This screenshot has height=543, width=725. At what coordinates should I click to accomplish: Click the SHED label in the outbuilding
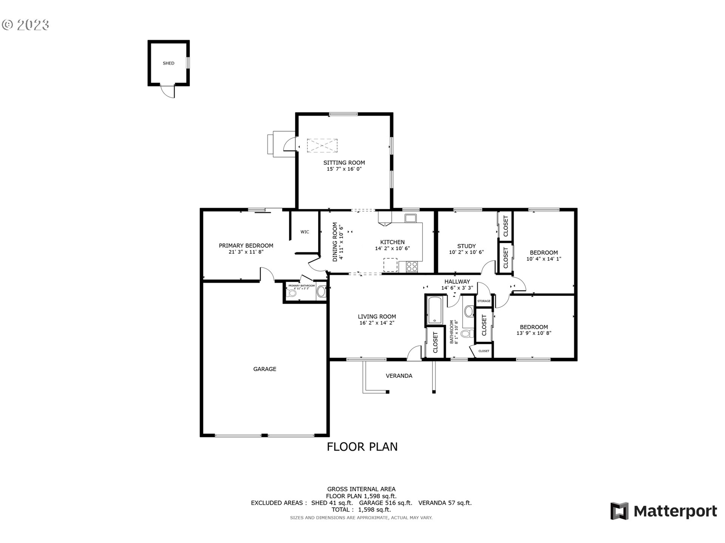pyautogui.click(x=168, y=63)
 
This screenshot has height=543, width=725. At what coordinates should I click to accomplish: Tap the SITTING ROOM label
pyautogui.click(x=344, y=163)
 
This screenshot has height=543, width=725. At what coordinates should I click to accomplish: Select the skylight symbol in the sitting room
pyautogui.click(x=322, y=146)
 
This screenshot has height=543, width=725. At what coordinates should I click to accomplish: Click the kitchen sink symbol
pyautogui.click(x=410, y=218)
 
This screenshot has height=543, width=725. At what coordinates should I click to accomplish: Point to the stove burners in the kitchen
pyautogui.click(x=412, y=267)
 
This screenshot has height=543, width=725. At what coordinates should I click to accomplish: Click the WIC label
pyautogui.click(x=305, y=232)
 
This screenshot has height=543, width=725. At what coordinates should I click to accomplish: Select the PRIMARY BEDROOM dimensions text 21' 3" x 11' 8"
pyautogui.click(x=246, y=252)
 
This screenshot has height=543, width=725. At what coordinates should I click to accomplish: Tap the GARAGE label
pyautogui.click(x=265, y=369)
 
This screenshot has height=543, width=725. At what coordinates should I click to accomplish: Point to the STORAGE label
pyautogui.click(x=484, y=301)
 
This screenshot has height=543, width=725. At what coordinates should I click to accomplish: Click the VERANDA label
pyautogui.click(x=399, y=376)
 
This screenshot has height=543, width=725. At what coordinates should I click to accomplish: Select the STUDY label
pyautogui.click(x=466, y=246)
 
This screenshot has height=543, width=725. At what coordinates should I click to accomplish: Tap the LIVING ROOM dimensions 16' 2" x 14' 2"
pyautogui.click(x=377, y=323)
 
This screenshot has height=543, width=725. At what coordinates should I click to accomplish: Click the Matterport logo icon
pyautogui.click(x=620, y=511)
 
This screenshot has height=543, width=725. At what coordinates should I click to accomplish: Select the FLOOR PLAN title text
pyautogui.click(x=362, y=447)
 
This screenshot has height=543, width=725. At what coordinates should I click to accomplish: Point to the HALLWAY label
pyautogui.click(x=457, y=281)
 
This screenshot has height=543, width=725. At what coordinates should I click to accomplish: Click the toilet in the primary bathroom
pyautogui.click(x=291, y=293)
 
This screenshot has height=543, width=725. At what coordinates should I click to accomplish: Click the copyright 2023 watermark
pyautogui.click(x=25, y=25)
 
